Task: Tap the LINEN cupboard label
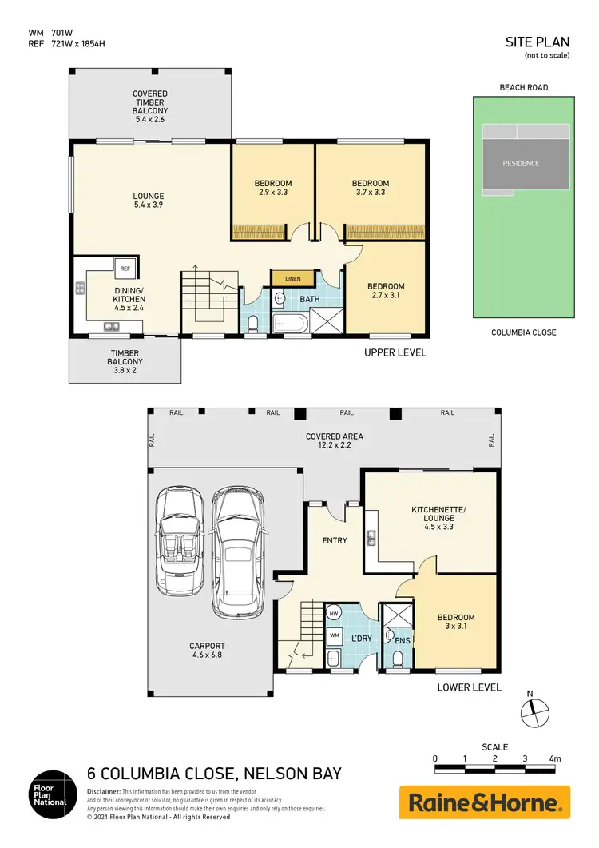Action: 292,278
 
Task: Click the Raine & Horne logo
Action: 485,802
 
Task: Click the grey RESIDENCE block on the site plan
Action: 521,164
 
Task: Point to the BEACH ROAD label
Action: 523,87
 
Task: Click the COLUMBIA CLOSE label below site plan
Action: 523,332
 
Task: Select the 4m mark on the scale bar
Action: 555,758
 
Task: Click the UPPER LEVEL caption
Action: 395,352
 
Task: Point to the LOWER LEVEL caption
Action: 469,687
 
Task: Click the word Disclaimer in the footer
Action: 103,790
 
